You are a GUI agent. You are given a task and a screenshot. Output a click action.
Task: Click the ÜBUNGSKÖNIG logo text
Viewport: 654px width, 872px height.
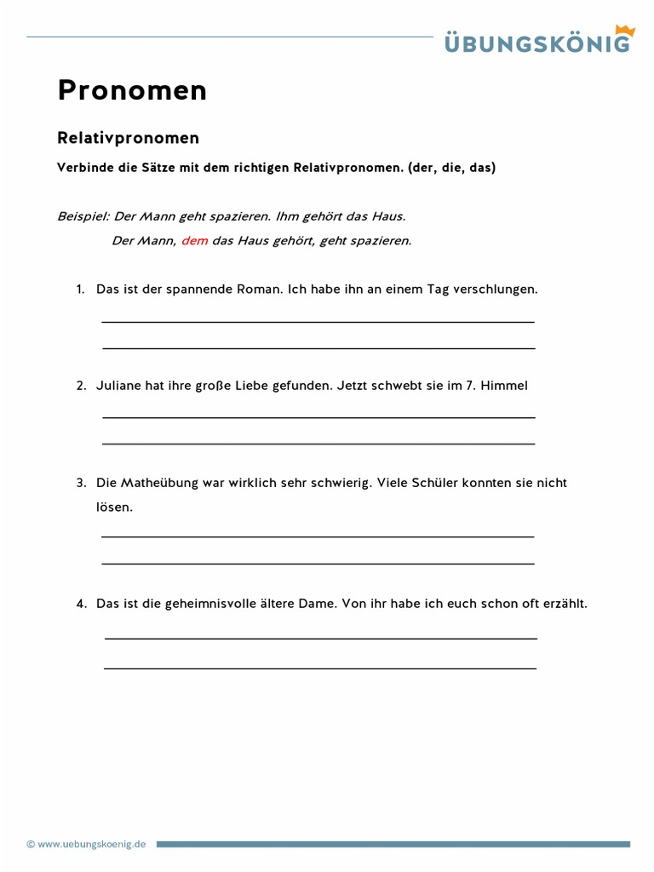pyautogui.click(x=536, y=43)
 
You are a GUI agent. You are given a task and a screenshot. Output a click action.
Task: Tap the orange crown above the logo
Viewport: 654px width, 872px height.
pyautogui.click(x=625, y=31)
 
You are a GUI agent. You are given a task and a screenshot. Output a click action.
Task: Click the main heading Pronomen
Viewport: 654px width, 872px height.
pyautogui.click(x=132, y=90)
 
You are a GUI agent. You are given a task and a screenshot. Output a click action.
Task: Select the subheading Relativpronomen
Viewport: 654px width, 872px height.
pyautogui.click(x=128, y=138)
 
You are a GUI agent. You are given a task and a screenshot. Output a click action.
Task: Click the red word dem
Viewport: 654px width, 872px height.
pyautogui.click(x=194, y=241)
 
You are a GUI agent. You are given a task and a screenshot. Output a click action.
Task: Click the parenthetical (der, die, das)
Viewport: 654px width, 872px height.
pyautogui.click(x=451, y=168)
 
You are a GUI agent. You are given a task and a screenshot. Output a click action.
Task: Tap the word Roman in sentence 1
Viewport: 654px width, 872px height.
pyautogui.click(x=259, y=290)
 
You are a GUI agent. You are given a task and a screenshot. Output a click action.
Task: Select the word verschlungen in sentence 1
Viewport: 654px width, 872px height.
pyautogui.click(x=496, y=290)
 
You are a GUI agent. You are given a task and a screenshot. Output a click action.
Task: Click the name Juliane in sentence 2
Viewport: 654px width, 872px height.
pyautogui.click(x=118, y=386)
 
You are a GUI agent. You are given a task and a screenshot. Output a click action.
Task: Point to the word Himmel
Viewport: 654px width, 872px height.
pyautogui.click(x=504, y=386)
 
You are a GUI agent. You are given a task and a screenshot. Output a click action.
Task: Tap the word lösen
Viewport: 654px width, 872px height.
pyautogui.click(x=114, y=508)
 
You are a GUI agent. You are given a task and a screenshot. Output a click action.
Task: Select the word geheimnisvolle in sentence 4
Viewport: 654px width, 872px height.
pyautogui.click(x=209, y=604)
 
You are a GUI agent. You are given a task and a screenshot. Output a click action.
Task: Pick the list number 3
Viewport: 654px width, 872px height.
pyautogui.click(x=81, y=483)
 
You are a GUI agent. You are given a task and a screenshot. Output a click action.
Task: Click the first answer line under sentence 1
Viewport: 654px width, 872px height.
pyautogui.click(x=318, y=322)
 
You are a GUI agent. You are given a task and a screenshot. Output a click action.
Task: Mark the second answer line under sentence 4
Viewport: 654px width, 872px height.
pyautogui.click(x=320, y=668)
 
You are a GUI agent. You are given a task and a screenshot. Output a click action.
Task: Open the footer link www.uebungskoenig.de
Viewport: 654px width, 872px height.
pyautogui.click(x=91, y=844)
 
